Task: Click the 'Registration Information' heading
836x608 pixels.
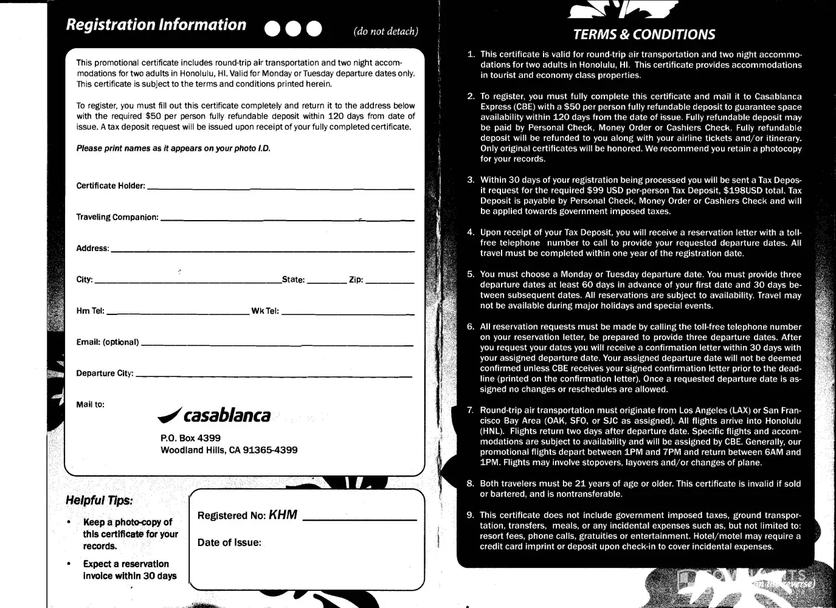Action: point(156,25)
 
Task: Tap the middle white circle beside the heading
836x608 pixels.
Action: point(293,29)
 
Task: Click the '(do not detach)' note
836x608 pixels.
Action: point(385,31)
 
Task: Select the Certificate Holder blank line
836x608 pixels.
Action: point(280,188)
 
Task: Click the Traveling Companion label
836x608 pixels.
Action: point(117,217)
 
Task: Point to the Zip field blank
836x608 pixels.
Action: point(389,282)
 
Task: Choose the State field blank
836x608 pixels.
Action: point(326,282)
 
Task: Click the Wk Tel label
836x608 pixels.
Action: point(265,311)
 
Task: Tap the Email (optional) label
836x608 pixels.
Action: point(107,342)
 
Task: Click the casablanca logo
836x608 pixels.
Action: point(214,415)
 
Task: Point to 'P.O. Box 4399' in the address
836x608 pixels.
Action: point(190,438)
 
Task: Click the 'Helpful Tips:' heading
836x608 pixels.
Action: point(98,501)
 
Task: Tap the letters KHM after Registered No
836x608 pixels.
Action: point(283,515)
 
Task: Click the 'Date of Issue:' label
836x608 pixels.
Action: point(229,542)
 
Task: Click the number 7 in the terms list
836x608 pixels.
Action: point(470,410)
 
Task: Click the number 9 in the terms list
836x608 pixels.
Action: point(470,515)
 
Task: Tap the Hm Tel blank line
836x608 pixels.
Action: point(178,313)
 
